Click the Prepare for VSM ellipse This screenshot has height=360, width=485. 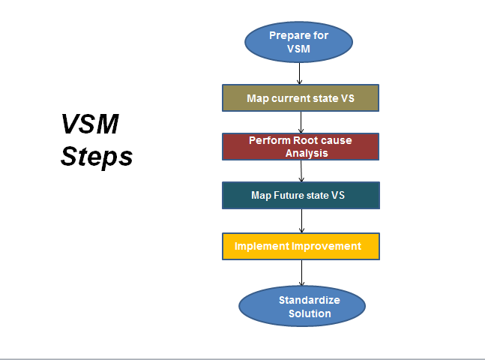click(298, 42)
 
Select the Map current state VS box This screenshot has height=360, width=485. click(301, 97)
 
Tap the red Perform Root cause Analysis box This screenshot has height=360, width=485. click(301, 147)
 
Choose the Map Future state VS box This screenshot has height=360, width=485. click(301, 195)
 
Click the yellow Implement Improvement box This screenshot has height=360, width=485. click(301, 247)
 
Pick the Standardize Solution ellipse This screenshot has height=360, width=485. click(302, 306)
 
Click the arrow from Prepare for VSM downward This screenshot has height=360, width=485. click(299, 73)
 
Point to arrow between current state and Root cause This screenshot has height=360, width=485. click(301, 122)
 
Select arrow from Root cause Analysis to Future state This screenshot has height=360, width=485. click(301, 171)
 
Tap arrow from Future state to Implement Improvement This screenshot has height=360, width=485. click(301, 221)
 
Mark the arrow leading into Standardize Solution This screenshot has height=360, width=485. click(301, 273)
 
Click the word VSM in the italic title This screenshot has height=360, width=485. click(90, 124)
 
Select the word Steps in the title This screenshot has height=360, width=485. click(97, 157)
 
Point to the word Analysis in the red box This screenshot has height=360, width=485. click(307, 153)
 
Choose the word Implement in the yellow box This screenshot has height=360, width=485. click(262, 247)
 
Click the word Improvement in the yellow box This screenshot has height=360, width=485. click(326, 247)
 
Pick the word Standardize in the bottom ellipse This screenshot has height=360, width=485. click(310, 300)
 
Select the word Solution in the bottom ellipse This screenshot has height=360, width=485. click(310, 313)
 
